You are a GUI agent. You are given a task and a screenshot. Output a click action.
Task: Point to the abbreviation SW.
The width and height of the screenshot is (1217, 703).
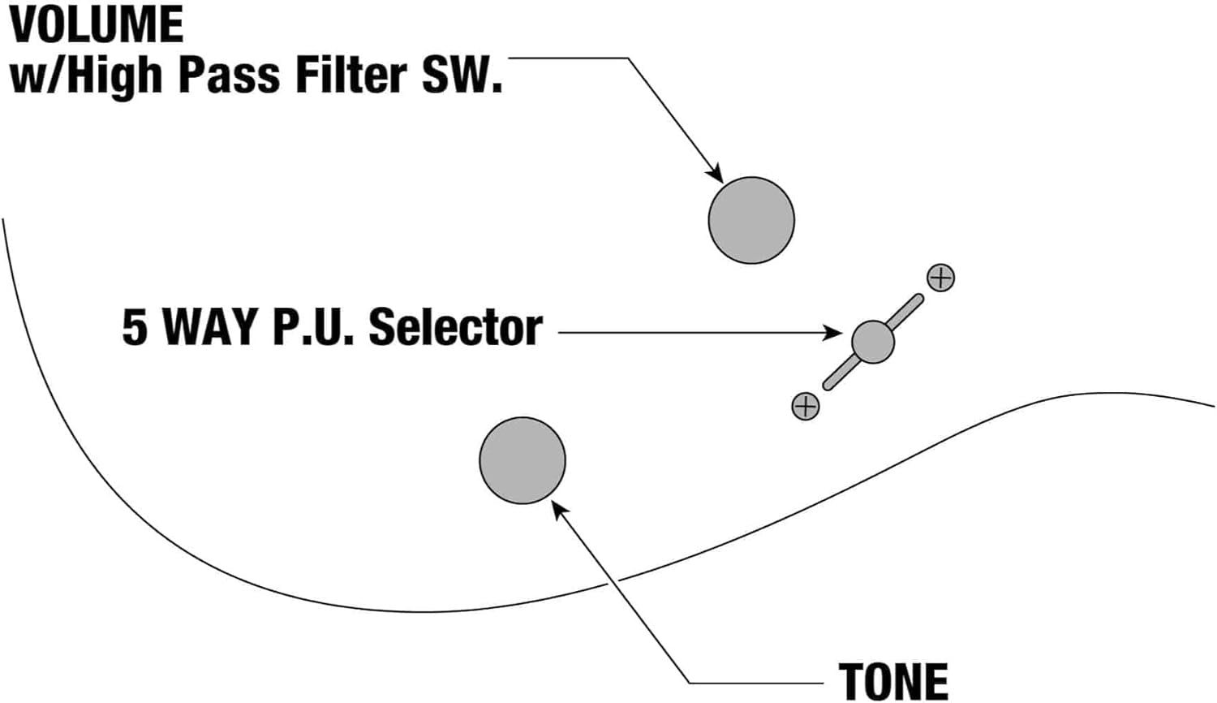pos(460,75)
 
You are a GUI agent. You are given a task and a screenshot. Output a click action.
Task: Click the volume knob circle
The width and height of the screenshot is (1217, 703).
pos(751,220)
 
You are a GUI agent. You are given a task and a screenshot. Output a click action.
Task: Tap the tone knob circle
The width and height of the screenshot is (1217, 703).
pos(522,460)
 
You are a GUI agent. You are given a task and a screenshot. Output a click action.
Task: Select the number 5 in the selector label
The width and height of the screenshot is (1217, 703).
pos(135,328)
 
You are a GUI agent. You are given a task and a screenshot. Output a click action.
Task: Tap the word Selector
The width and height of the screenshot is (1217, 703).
pos(455,328)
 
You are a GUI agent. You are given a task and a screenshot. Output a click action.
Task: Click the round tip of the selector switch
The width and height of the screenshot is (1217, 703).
pos(873,342)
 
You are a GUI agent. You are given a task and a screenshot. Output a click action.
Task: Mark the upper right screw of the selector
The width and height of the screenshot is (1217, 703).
pos(940,278)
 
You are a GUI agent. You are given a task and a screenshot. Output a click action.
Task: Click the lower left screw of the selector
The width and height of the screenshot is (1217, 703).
pos(806,406)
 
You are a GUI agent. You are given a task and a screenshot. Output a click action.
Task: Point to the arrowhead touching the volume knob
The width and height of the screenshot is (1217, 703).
pos(715,174)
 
